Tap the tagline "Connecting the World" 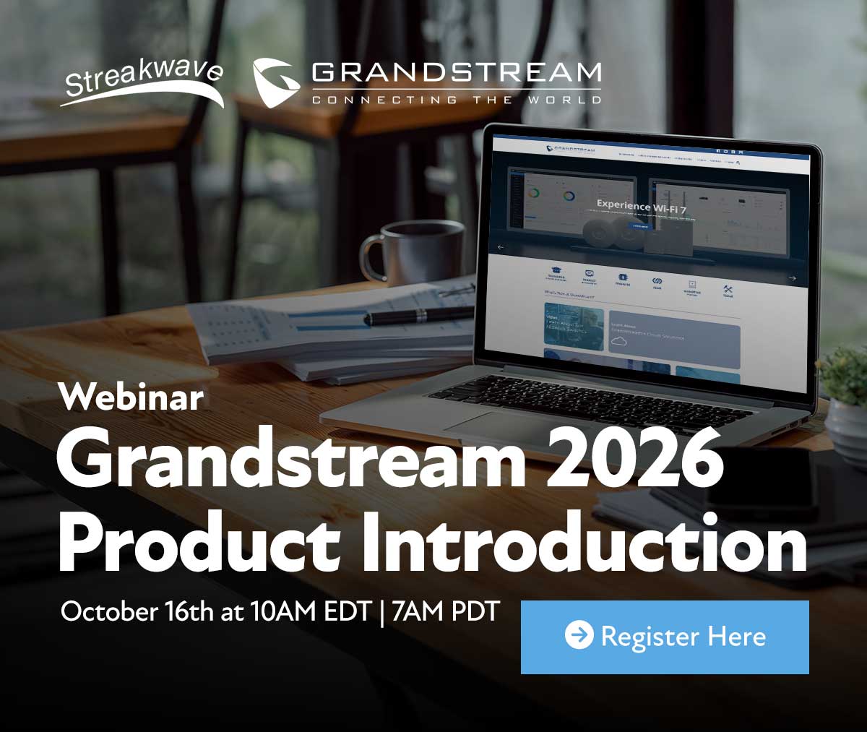click(x=456, y=99)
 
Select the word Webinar click(x=131, y=397)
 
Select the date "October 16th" click(x=137, y=612)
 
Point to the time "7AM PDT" click(x=445, y=612)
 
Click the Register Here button click(x=665, y=637)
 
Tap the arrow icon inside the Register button click(x=579, y=636)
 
